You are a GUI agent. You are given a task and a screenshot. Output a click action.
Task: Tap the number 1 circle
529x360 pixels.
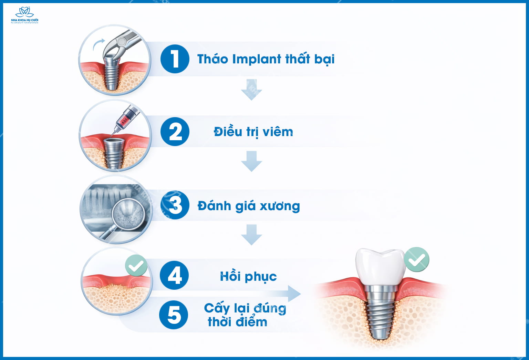(x=175, y=59)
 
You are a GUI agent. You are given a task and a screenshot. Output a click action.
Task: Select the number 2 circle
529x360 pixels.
(x=175, y=132)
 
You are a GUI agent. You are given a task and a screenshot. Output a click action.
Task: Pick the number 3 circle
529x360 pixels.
(x=175, y=205)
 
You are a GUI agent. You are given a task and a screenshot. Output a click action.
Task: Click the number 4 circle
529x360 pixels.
(x=174, y=276)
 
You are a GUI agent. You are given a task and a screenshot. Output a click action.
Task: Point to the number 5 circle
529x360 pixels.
(x=174, y=315)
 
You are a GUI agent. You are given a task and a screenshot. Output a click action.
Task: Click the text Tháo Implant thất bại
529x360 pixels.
(x=266, y=59)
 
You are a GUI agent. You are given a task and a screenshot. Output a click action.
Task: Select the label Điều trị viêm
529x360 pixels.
(x=253, y=132)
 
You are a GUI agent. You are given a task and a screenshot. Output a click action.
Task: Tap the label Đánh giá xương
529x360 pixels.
(x=249, y=206)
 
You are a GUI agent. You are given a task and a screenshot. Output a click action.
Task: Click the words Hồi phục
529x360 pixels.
(x=248, y=276)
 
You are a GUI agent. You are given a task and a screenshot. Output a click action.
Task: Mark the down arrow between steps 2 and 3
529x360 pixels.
(x=251, y=161)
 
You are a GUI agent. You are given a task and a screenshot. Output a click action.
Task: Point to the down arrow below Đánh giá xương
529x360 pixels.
(x=251, y=235)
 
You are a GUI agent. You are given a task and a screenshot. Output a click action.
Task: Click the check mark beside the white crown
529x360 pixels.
(x=417, y=259)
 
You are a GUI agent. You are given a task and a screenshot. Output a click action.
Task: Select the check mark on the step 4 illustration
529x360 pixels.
(x=136, y=266)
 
